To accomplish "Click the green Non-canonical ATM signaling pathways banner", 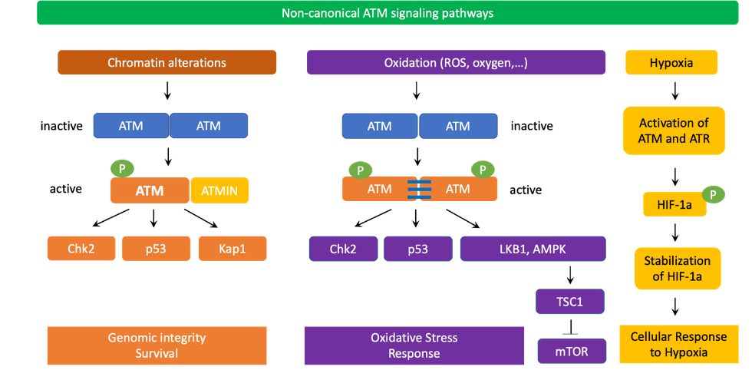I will pos(376,13).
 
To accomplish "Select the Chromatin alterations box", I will pos(167,62).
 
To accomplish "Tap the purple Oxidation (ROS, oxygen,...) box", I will pos(456,62).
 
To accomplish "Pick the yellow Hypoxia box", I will pos(671,62).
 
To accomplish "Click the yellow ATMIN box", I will pos(219,191).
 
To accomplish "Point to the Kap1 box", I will pos(233,249).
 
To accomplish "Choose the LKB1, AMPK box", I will pos(533,249).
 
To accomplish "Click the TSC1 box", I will pos(569,302).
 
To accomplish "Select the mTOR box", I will pos(572,352).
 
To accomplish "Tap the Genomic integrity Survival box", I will pos(157,345).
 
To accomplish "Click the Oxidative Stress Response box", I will pos(414,345).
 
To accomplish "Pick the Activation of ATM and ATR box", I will pos(673,130).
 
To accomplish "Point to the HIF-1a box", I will pos(673,205).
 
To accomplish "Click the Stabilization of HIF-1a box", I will pos(677,268).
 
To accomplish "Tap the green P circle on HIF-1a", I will pos(713,194).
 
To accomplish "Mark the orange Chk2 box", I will pos(81,249).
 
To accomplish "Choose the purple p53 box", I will pos(418,249).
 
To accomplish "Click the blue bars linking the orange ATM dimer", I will pos(419,189).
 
